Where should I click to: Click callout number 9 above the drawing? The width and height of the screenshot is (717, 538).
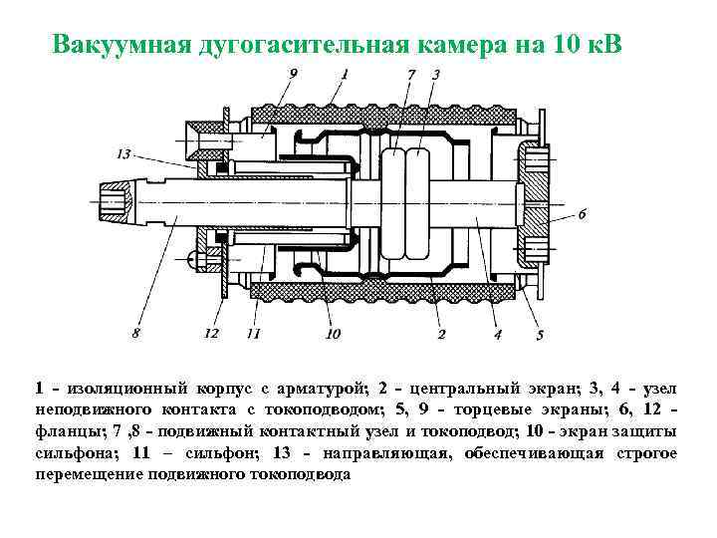[x=293, y=74]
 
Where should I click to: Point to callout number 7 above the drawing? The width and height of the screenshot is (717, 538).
[x=410, y=75]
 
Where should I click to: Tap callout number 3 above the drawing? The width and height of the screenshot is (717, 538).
[x=436, y=75]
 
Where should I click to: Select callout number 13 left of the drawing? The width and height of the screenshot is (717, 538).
[x=123, y=153]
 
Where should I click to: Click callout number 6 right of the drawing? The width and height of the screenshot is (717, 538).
[x=583, y=212]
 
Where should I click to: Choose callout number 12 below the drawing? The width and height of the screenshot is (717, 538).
[x=211, y=334]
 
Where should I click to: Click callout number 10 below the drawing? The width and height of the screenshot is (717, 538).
[x=332, y=334]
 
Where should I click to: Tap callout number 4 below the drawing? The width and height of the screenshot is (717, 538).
[x=498, y=334]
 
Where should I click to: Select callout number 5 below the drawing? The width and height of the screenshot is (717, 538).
[x=540, y=335]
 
